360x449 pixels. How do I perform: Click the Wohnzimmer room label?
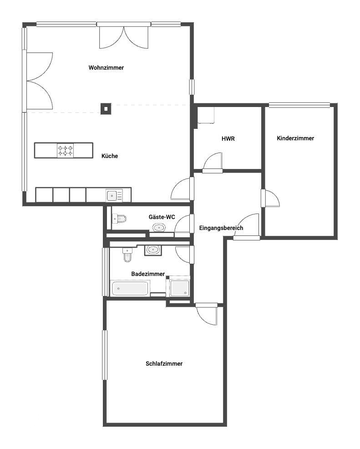pos(106,68)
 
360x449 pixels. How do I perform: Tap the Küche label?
pos(110,156)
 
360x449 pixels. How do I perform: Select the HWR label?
pos(228,138)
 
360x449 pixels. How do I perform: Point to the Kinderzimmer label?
pos(295,138)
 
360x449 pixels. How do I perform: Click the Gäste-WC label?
pos(162,217)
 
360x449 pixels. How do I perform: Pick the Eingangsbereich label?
pos(221,228)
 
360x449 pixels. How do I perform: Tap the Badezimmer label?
pos(148,274)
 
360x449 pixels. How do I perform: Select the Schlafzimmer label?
pos(164,364)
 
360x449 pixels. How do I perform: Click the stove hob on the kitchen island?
pos(65,151)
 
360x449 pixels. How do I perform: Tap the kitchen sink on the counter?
pos(112,196)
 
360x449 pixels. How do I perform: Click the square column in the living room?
pos(106,108)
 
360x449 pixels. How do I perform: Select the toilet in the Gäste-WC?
pos(119,219)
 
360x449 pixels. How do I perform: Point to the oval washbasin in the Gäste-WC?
pos(159,227)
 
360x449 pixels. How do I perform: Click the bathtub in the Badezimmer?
pos(130,288)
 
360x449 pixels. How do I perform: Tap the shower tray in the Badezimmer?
pos(180,288)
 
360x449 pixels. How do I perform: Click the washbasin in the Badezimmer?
pos(153,250)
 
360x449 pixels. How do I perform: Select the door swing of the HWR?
pos(213,161)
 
